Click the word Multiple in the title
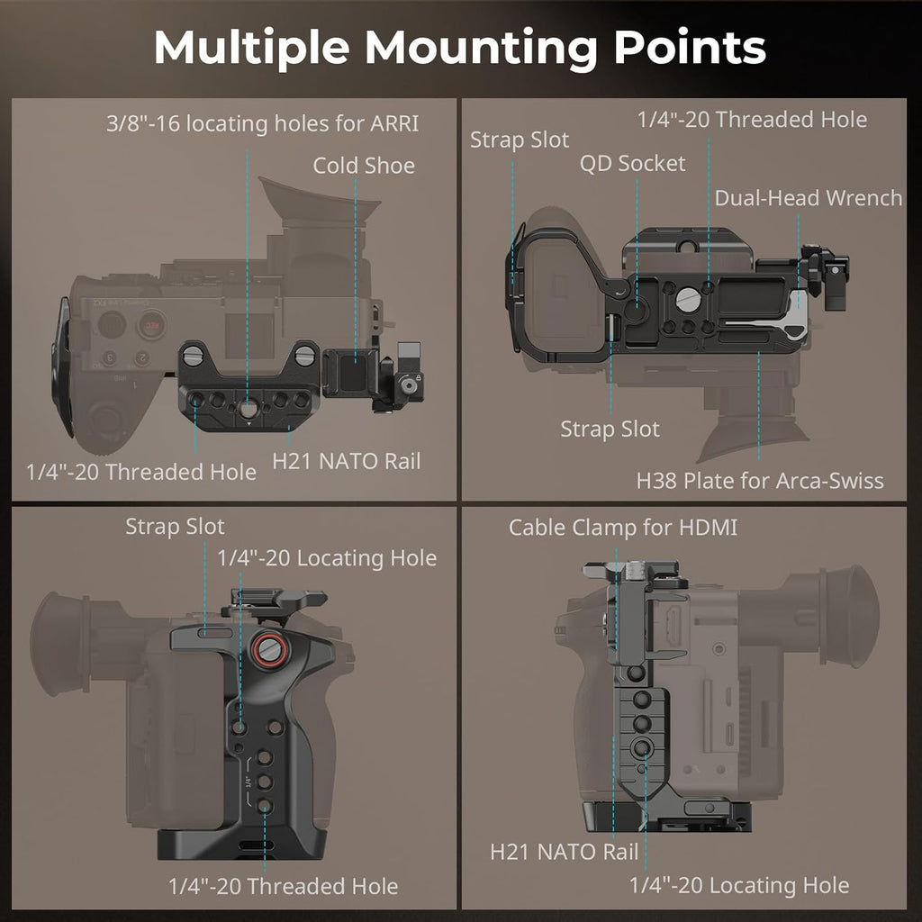[249, 48]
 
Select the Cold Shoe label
[364, 166]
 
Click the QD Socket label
[632, 163]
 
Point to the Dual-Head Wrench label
[808, 198]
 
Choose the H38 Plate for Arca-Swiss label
[760, 480]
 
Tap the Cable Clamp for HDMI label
[623, 527]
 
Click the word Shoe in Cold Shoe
[390, 166]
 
